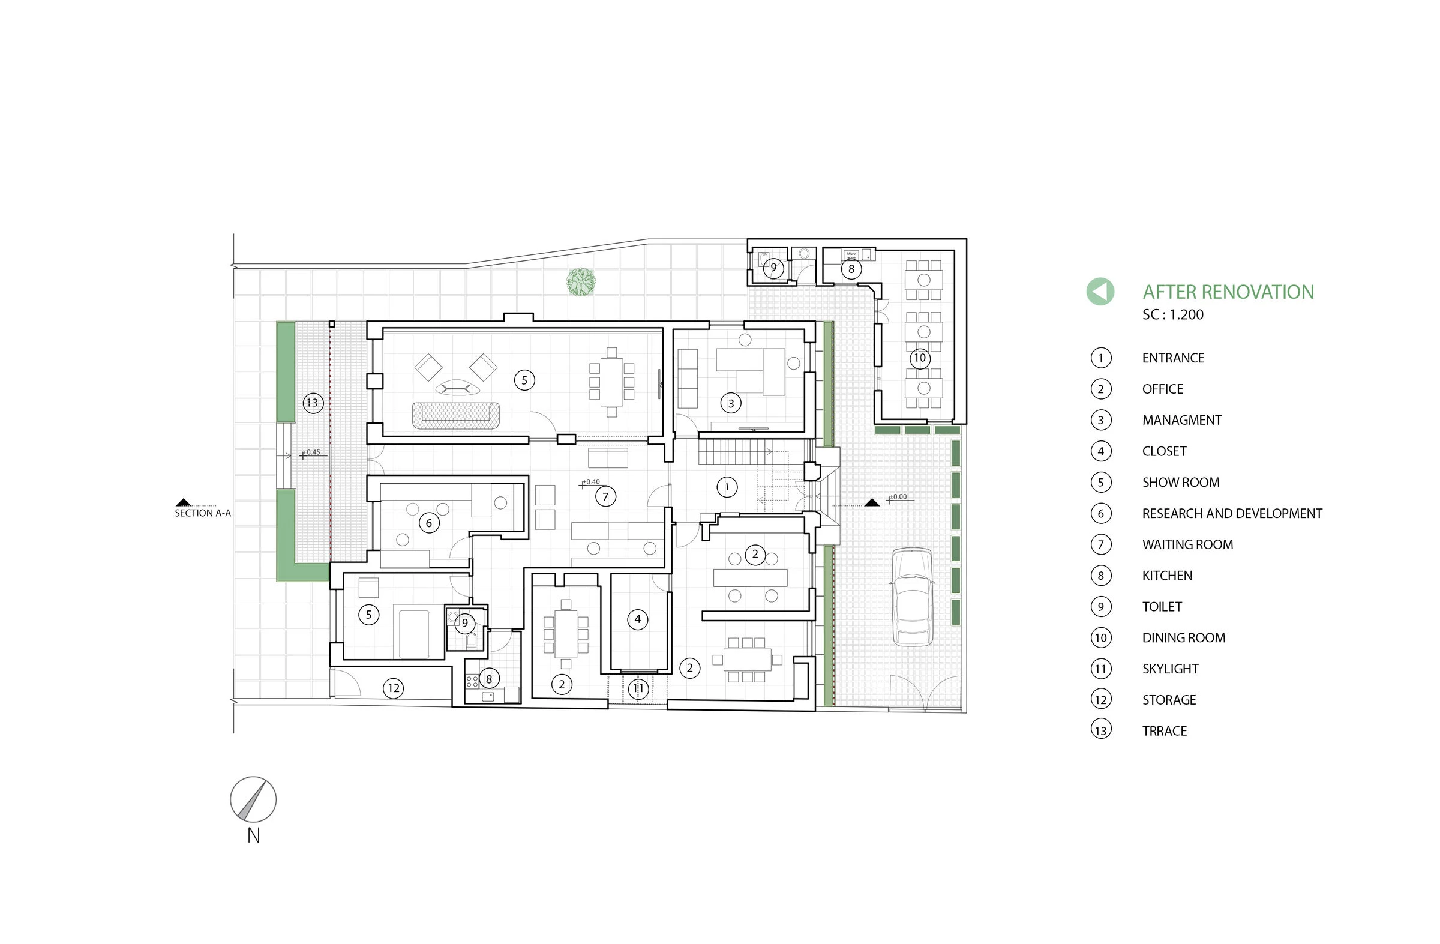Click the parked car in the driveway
pos(913,597)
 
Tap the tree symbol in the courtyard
pos(581,282)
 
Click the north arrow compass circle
pos(253,799)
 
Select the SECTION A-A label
pos(203,513)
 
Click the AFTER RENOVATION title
pos(1228,292)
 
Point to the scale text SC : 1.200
pos(1172,314)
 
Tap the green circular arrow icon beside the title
pos(1100,292)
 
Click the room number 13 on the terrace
pos(312,403)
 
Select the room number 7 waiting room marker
pos(605,497)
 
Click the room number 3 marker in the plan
pos(731,403)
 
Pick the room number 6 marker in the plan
pos(429,523)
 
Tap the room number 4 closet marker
pos(637,619)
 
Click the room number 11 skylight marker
pos(638,688)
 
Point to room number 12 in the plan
pos(393,687)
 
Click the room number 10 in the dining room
pos(920,358)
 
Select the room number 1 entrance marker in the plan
pos(727,487)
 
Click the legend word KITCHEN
pos(1166,576)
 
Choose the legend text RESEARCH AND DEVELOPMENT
pos(1232,513)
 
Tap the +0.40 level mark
pos(591,483)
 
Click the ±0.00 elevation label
pos(898,497)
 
